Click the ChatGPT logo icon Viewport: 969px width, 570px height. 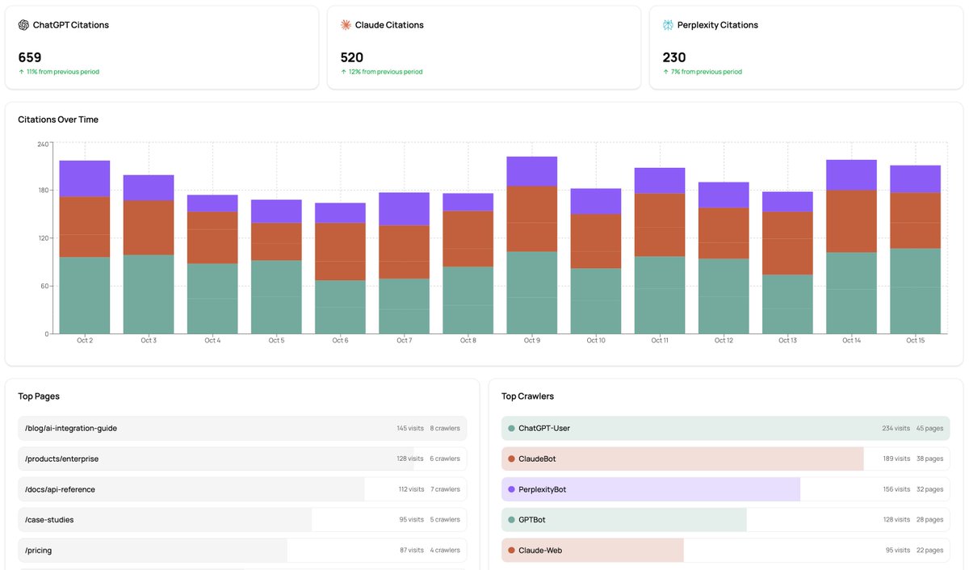coord(23,25)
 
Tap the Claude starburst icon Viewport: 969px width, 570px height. coord(346,25)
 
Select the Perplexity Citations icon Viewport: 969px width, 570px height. coord(668,25)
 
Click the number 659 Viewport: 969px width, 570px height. coord(30,57)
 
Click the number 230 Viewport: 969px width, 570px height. coord(674,57)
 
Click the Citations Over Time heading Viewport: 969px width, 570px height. coord(58,119)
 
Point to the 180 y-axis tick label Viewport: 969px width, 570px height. coord(43,191)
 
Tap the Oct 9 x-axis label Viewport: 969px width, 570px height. coord(531,341)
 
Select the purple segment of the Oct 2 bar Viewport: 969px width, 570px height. coord(85,178)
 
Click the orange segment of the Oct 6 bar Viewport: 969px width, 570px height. coord(340,251)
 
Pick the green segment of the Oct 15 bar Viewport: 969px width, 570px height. coord(915,291)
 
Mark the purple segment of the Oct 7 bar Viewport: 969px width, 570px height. coord(404,208)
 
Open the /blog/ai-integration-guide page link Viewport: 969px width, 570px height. coord(71,428)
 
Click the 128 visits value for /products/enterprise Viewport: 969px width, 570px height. coord(409,459)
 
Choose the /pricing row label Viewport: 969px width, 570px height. coord(39,551)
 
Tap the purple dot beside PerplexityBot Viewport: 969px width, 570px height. coord(511,489)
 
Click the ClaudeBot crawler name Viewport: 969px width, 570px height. coord(537,459)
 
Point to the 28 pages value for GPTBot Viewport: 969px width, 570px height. coord(929,520)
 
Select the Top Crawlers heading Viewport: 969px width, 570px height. coord(527,396)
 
